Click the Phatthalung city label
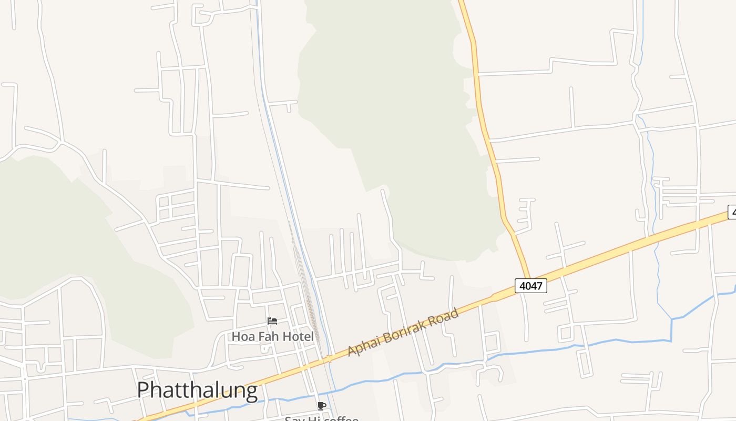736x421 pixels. pos(197,390)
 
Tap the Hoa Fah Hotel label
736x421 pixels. pos(273,336)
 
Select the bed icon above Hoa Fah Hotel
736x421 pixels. pos(272,321)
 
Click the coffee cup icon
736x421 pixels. pos(322,406)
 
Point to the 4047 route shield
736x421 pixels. pos(530,286)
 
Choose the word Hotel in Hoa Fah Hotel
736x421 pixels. pos(297,336)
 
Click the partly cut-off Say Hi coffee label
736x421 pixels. pos(321,418)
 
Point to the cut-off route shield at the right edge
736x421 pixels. pos(732,212)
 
